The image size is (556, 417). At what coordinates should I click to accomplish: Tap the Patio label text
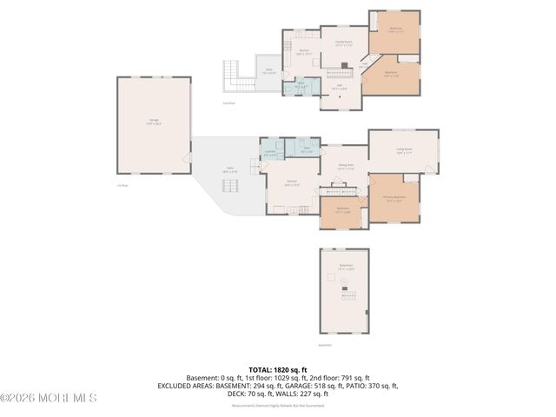(229, 170)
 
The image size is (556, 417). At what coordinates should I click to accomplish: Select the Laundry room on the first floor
(269, 153)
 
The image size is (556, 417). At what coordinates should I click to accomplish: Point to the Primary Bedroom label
(394, 198)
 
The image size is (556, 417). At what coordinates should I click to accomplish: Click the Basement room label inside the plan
(346, 267)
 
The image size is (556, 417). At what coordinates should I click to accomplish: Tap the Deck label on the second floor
(269, 72)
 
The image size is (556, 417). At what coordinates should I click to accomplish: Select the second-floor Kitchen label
(304, 52)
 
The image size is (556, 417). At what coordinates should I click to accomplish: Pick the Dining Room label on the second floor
(343, 43)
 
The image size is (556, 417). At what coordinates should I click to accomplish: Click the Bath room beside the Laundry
(307, 149)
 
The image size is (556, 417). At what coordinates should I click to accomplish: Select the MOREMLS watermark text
(49, 398)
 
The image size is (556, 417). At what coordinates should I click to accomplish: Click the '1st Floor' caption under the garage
(122, 185)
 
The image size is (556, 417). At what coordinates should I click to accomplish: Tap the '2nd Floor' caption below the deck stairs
(229, 103)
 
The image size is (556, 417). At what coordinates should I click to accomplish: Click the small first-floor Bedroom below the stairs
(342, 211)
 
